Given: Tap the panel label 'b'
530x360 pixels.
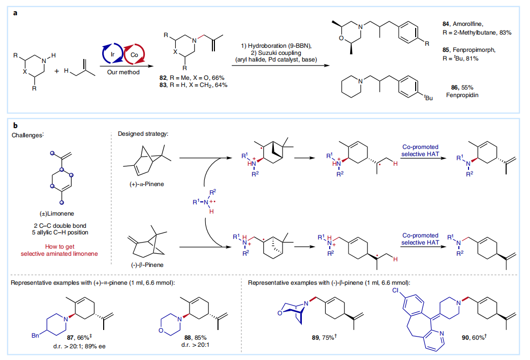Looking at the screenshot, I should [15, 124].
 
